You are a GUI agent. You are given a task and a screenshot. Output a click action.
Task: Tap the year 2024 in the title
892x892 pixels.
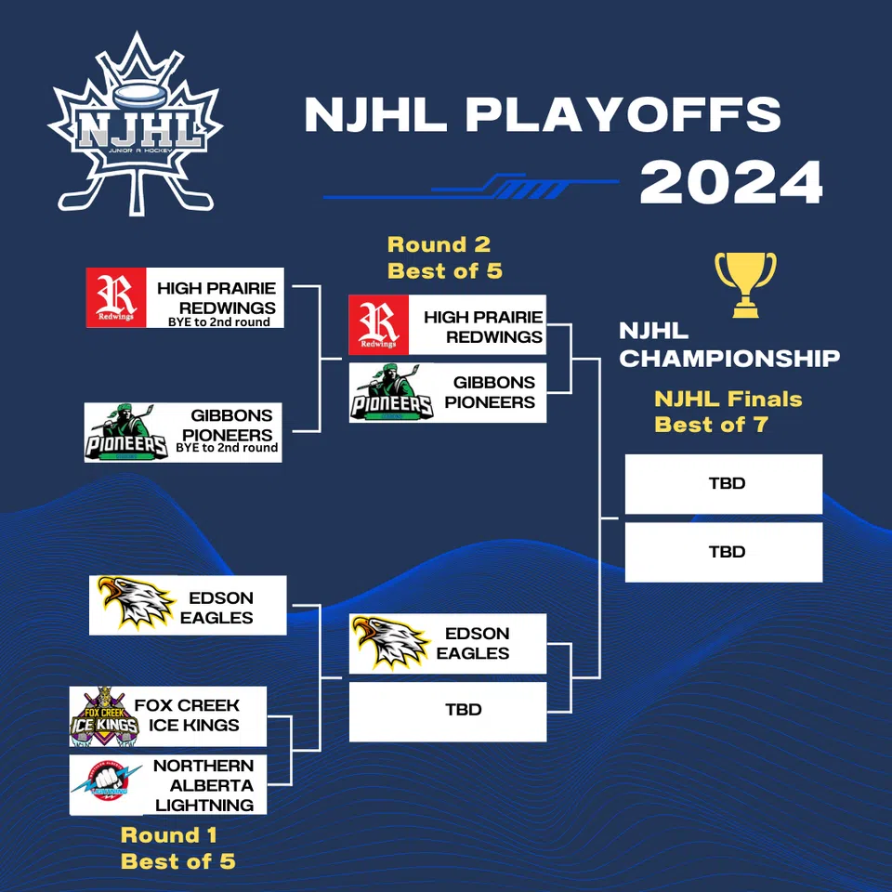[x=731, y=183]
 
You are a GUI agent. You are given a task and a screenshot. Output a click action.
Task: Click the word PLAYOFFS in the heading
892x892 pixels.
[x=623, y=114]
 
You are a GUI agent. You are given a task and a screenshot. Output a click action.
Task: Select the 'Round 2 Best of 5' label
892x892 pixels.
[x=439, y=257]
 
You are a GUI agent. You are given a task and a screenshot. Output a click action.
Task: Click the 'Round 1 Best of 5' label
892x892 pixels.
[x=177, y=848]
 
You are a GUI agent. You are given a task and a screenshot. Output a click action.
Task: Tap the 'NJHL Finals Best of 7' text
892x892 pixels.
[x=728, y=412]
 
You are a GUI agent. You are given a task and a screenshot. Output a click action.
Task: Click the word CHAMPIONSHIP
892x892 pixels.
[x=729, y=359]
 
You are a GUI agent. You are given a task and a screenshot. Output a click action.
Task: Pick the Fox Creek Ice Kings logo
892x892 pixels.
[x=104, y=716]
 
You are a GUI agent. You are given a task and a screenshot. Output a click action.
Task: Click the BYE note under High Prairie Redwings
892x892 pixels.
[x=219, y=321]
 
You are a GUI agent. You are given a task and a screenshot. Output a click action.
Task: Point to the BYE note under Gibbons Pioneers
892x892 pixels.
[x=227, y=448]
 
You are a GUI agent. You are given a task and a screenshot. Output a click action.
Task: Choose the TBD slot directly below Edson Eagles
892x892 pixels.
[x=448, y=711]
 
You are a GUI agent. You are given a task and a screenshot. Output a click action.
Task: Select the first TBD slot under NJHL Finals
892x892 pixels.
[x=723, y=483]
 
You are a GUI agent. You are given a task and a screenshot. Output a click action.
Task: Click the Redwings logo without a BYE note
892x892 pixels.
[x=378, y=324]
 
